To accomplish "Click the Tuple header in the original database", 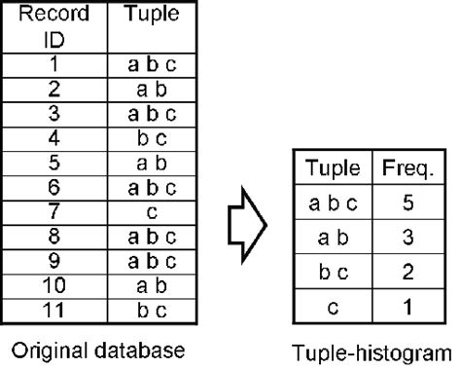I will pos(150,17).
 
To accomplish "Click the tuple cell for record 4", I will pos(150,135).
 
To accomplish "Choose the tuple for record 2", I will pos(150,90).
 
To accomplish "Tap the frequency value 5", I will pos(407,203).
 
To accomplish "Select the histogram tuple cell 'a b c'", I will pos(332,203).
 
